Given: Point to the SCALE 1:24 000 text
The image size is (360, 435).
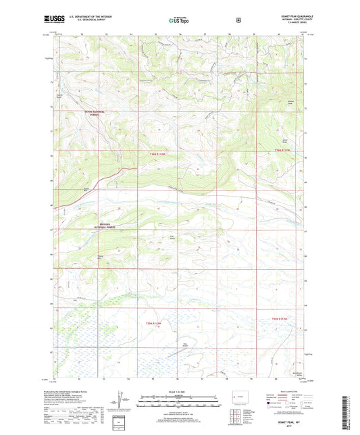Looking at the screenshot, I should (179, 391).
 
